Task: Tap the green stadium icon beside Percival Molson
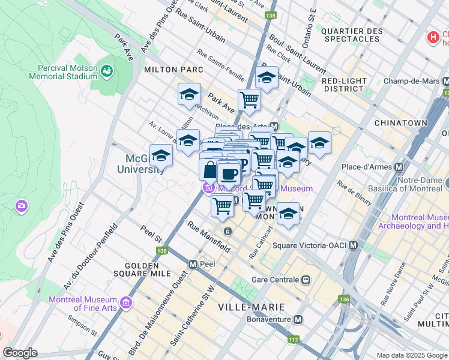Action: tap(107, 71)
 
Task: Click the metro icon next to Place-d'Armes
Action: tap(399, 166)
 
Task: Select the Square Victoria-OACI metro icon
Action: tap(354, 245)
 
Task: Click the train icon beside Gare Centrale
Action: tap(306, 280)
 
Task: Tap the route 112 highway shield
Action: tap(294, 340)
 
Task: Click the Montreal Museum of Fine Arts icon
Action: tap(125, 304)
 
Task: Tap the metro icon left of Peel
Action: tap(193, 263)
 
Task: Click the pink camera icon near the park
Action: tap(22, 206)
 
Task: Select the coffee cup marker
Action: tap(228, 174)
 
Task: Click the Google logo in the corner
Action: tap(20, 353)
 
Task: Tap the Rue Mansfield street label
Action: tap(209, 236)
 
